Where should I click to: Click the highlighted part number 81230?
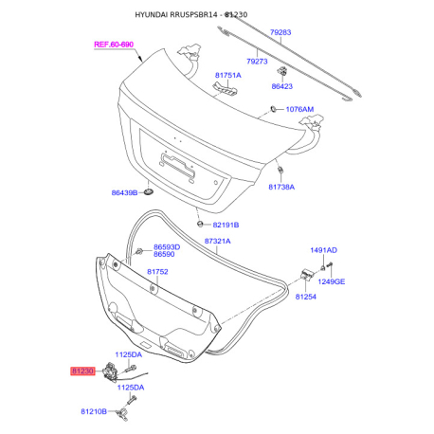click(82, 371)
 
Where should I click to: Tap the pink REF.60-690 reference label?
click(114, 45)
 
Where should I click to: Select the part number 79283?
click(280, 32)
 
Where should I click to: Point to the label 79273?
click(257, 62)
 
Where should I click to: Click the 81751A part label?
click(228, 75)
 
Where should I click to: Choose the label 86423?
click(282, 86)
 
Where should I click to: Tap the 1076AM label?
click(299, 109)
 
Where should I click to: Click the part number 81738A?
click(281, 187)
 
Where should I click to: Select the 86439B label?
click(124, 192)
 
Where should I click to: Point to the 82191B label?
click(226, 225)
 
